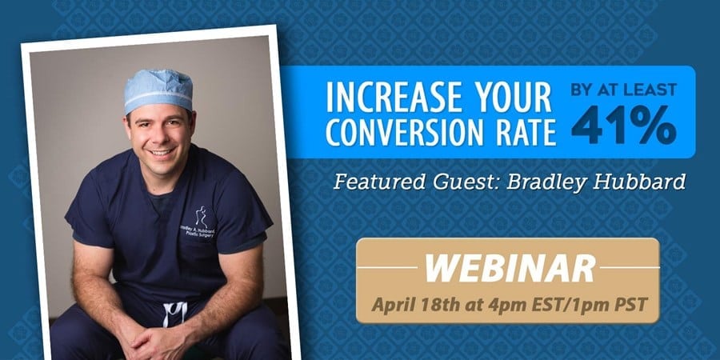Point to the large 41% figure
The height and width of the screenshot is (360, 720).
[x=623, y=125]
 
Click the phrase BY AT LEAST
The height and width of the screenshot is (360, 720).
[x=623, y=90]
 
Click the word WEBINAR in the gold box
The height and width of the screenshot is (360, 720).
[x=510, y=269]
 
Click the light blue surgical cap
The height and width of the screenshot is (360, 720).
[x=158, y=90]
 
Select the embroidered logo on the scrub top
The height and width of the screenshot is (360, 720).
[x=200, y=222]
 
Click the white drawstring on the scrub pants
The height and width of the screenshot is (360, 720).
[x=176, y=313]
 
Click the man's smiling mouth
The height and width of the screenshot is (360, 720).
[x=162, y=151]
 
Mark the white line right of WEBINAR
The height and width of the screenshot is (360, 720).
[x=630, y=267]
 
